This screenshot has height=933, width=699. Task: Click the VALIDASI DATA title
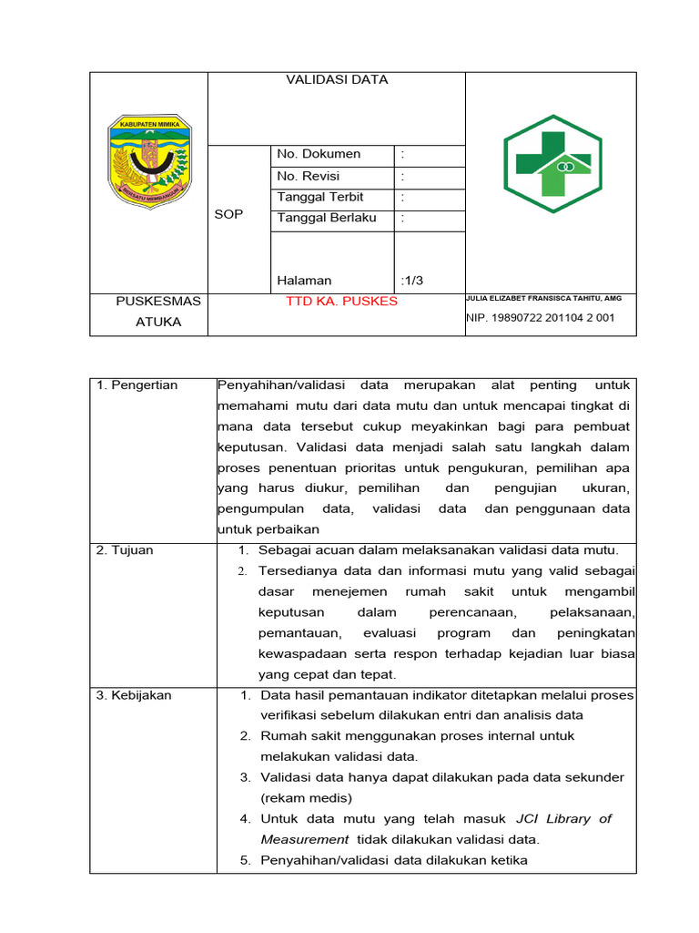[337, 80]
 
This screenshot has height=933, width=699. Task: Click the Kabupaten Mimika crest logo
[148, 160]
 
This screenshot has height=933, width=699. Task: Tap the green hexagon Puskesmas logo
[552, 162]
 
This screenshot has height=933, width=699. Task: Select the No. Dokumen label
[319, 155]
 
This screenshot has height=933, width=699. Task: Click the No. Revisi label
[308, 176]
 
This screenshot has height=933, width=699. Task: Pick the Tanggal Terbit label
[320, 198]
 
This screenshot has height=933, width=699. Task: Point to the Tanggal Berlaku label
[326, 219]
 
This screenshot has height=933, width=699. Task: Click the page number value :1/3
[411, 281]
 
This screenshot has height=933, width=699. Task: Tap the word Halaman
[304, 281]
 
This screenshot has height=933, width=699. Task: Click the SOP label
[228, 215]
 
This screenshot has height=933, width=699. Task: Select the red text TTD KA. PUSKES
[341, 302]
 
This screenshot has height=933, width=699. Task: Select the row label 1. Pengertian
[137, 385]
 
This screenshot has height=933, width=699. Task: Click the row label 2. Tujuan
[125, 550]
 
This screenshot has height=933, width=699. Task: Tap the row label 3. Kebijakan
[134, 696]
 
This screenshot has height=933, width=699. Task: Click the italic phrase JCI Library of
[563, 819]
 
